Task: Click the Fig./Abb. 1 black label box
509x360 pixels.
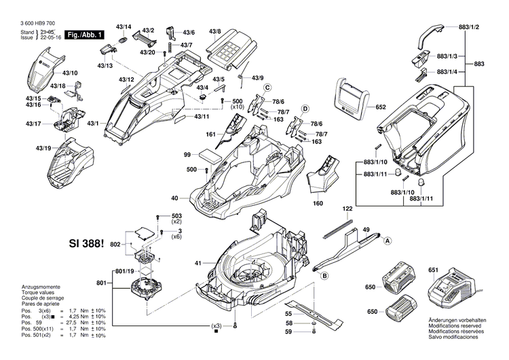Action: click(x=85, y=34)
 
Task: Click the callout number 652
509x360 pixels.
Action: click(x=380, y=107)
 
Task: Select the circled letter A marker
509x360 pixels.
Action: click(x=388, y=240)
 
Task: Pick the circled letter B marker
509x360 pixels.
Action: click(x=324, y=275)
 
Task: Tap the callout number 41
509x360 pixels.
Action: click(x=199, y=262)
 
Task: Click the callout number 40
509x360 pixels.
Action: click(x=174, y=198)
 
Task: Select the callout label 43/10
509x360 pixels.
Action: click(x=70, y=73)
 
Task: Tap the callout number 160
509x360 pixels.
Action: click(x=318, y=203)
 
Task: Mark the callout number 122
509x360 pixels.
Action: click(x=347, y=209)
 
